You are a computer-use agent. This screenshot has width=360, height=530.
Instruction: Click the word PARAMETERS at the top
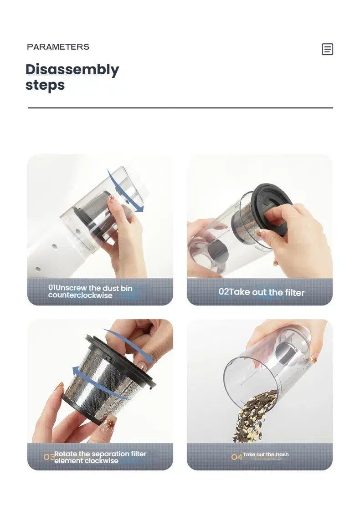58,46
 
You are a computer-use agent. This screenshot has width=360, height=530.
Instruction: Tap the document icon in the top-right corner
327,49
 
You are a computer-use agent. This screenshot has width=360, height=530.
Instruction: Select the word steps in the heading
45,85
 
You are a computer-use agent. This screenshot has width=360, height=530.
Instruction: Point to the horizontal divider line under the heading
180,108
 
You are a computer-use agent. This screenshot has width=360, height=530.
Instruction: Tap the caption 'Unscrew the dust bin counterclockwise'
90,292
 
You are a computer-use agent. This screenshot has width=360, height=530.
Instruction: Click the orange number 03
49,457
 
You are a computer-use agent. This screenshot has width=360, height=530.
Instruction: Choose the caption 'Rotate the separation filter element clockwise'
100,457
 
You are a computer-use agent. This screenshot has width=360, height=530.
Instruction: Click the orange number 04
237,457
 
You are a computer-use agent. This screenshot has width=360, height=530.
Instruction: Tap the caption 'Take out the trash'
266,454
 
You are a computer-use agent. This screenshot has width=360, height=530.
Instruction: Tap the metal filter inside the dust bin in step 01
97,213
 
